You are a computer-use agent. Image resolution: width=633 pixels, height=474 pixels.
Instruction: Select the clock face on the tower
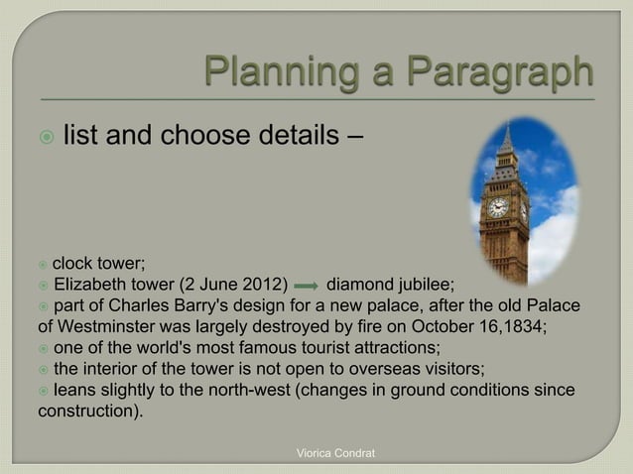pos(498,207)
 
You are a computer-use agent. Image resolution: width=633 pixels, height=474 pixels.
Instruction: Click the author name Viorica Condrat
pos(337,453)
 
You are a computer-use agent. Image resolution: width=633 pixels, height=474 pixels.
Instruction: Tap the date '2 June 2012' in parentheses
pos(232,283)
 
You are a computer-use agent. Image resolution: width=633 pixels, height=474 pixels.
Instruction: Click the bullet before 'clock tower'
pos(43,263)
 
